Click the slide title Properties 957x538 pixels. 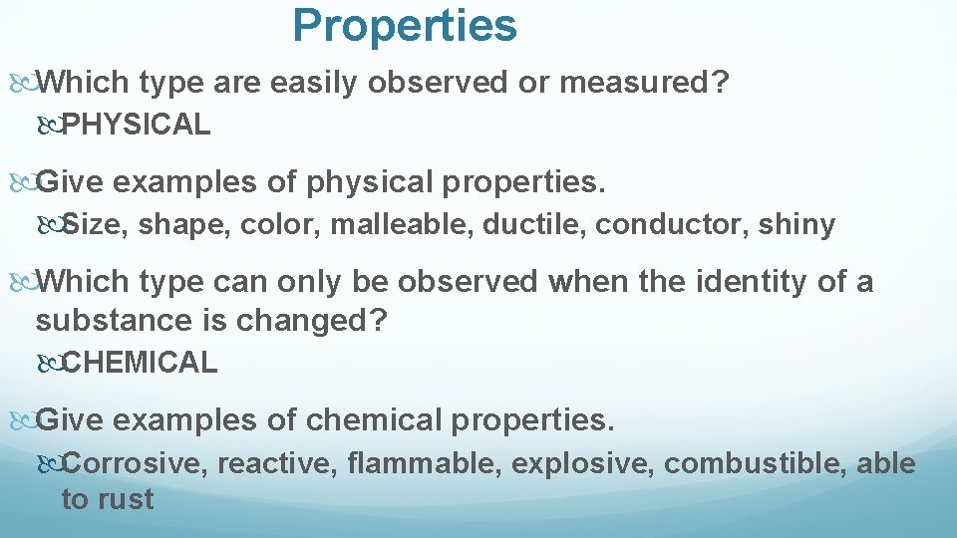[405, 26]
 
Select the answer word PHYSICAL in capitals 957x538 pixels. [136, 125]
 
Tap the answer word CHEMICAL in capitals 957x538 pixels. [140, 363]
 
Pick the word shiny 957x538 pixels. [796, 226]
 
